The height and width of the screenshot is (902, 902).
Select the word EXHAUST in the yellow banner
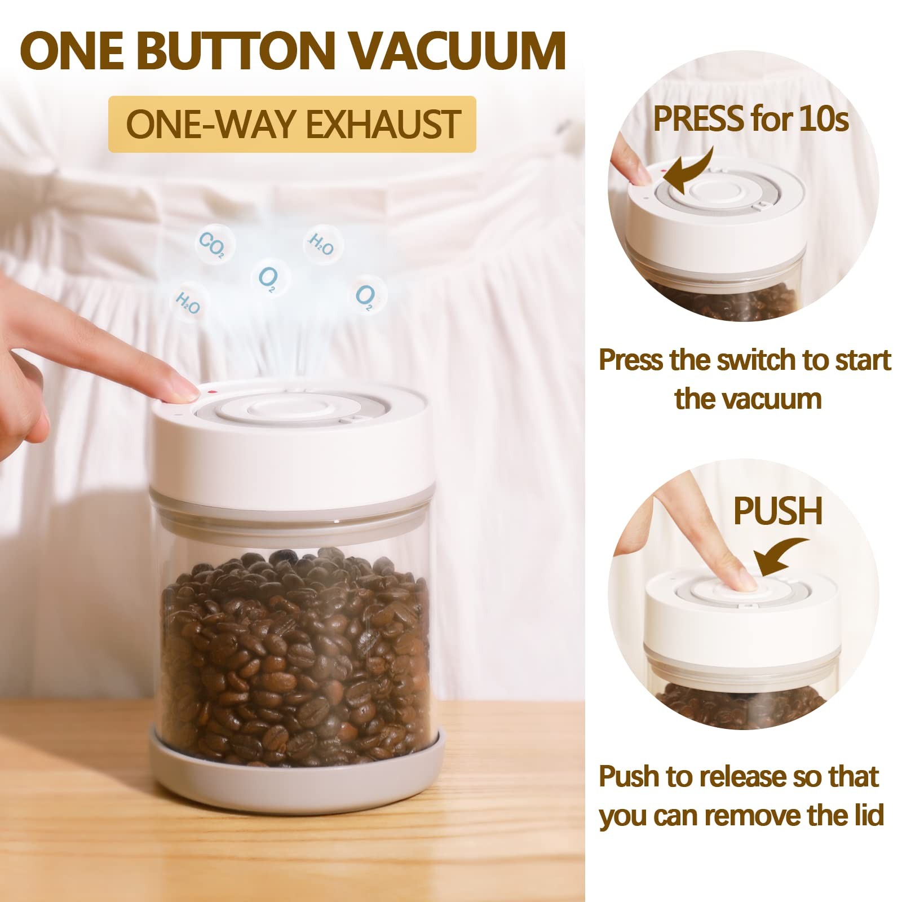tap(383, 125)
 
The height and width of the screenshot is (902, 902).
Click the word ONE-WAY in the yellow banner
tap(211, 125)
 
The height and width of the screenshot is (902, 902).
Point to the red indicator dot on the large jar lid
tap(210, 391)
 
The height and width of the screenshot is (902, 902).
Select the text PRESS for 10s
tap(750, 119)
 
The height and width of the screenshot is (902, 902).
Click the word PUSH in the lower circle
tap(777, 511)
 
